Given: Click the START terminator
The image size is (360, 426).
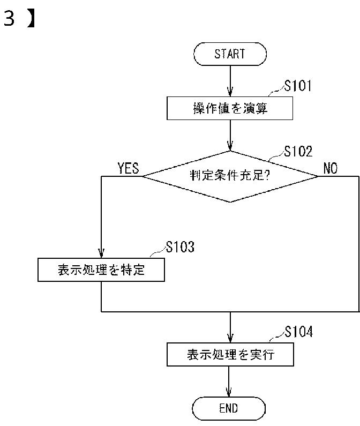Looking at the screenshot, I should [x=230, y=54].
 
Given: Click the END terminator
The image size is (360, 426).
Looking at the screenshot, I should [x=229, y=408].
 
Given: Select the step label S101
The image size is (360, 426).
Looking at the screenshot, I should [x=298, y=86].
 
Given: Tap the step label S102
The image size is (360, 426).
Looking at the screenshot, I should [x=298, y=152].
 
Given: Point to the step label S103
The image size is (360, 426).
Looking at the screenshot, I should [x=180, y=248].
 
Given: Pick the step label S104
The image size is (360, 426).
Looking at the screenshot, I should [x=298, y=332].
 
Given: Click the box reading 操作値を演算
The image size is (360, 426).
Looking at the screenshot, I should [x=230, y=109].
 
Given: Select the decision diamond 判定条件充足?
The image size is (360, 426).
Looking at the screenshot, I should [x=230, y=176].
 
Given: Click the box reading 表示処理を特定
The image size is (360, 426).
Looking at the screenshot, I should [x=101, y=270].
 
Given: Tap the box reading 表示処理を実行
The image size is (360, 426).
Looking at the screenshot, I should [x=230, y=355].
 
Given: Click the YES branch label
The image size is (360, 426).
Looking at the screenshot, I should [x=128, y=169].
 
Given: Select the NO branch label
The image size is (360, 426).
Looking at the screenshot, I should [x=331, y=169].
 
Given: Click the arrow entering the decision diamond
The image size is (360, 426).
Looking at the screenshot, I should [x=230, y=136].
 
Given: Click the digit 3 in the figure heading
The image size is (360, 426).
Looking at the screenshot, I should [x=9, y=19].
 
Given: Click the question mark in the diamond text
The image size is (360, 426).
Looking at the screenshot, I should [x=266, y=176].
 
